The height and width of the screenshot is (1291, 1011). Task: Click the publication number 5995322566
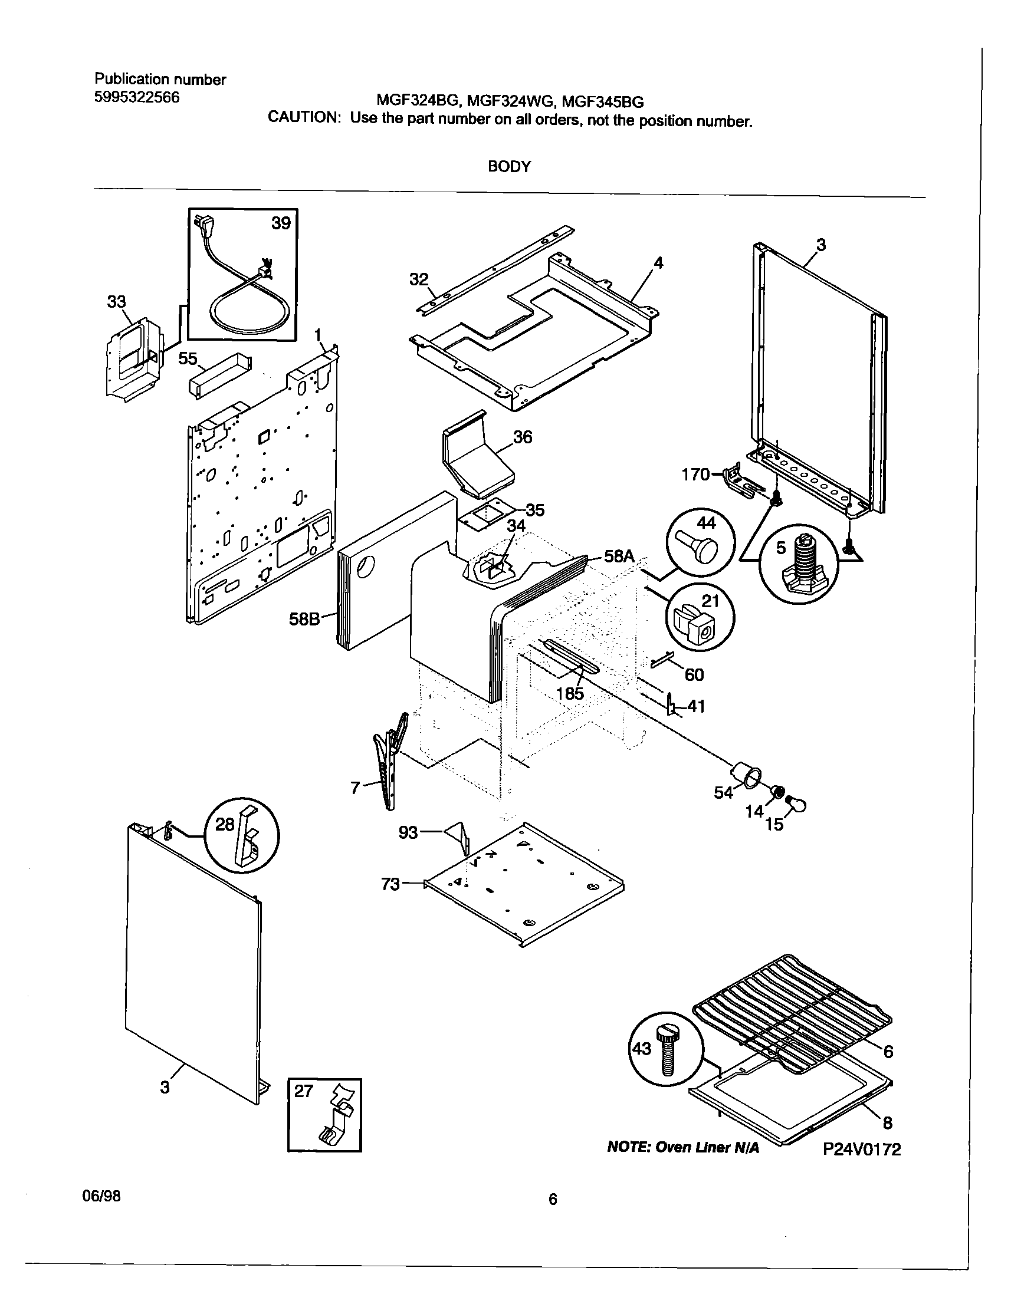[x=137, y=97]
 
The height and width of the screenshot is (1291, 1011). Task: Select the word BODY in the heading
[x=509, y=167]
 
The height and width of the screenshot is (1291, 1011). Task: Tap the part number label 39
[x=281, y=223]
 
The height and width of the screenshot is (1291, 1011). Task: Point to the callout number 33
[x=117, y=302]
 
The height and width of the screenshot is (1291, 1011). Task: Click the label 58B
[x=304, y=619]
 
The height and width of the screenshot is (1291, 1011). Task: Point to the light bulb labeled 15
[x=797, y=804]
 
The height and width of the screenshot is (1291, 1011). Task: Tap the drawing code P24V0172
[x=862, y=1150]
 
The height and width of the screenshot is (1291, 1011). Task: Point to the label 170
[x=695, y=475]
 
